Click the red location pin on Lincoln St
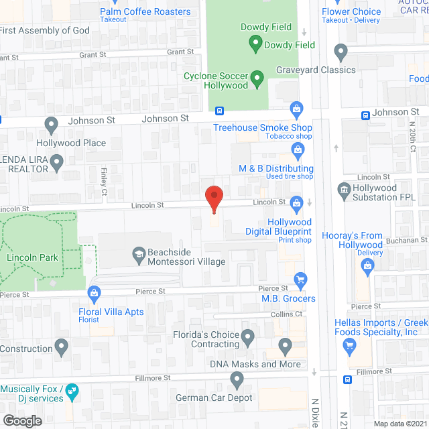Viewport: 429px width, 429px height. (213, 198)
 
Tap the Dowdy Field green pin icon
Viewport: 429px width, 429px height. (255, 44)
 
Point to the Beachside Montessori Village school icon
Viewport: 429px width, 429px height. (139, 253)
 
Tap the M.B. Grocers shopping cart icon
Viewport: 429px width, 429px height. (300, 280)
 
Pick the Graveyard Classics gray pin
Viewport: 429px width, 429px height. (341, 52)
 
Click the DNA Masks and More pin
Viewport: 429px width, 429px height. (286, 347)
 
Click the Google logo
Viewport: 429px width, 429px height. (21, 420)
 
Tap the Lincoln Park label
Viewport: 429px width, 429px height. (32, 257)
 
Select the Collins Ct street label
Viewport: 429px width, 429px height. (287, 314)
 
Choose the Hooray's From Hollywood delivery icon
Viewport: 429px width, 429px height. (367, 267)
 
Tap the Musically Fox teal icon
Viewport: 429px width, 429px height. (73, 389)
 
